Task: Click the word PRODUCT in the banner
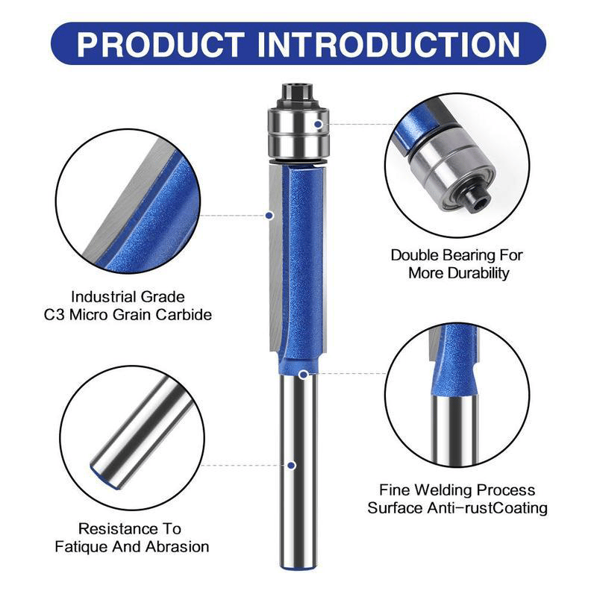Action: (160, 45)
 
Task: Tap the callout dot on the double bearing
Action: (319, 124)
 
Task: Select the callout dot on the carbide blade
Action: (269, 216)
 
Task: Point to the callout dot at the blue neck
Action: (304, 375)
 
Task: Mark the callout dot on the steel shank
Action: (292, 465)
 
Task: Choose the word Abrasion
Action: (178, 547)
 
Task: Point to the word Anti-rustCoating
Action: (487, 508)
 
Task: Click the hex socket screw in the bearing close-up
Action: (475, 197)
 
